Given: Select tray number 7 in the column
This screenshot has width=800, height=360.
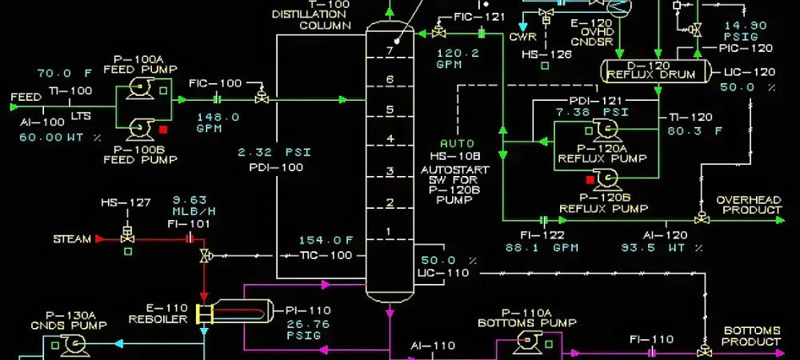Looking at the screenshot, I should (x=390, y=50).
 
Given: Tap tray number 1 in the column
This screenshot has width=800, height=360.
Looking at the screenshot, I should (x=390, y=232).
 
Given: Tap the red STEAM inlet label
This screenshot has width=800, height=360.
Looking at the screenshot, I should (x=72, y=239).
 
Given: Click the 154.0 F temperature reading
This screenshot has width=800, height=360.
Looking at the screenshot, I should (x=326, y=240).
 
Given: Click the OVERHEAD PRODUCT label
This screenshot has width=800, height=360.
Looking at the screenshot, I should (x=749, y=205).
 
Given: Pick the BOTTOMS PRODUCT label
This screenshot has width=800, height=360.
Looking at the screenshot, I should (x=751, y=336).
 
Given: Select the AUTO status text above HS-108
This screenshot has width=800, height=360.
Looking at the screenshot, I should (x=457, y=143).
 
